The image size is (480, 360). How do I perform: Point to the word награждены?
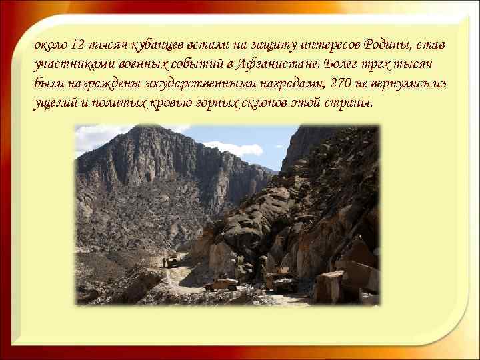pos(93,84)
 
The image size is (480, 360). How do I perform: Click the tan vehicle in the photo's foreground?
pos(221,284)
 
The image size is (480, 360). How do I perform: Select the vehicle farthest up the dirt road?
pos(173,261)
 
